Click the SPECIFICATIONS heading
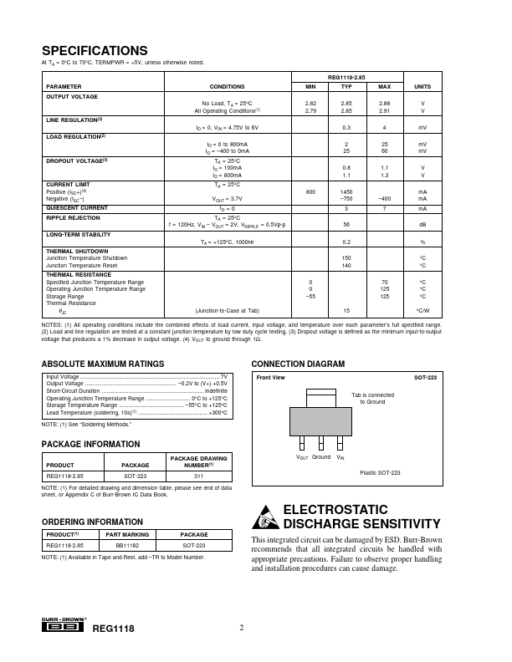point(95,50)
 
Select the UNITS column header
point(422,86)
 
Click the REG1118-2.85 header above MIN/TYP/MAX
point(346,76)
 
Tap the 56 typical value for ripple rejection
point(346,224)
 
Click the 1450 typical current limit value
point(346,192)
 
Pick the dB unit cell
point(422,224)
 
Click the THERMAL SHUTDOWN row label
point(77,251)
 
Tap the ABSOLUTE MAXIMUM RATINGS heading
point(103,364)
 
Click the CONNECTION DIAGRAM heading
point(299,364)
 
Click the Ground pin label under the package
point(322,457)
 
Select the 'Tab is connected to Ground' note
point(372,398)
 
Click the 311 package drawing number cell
point(199,476)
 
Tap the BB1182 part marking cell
point(127,544)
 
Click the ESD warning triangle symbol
point(265,517)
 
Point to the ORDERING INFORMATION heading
point(86,522)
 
